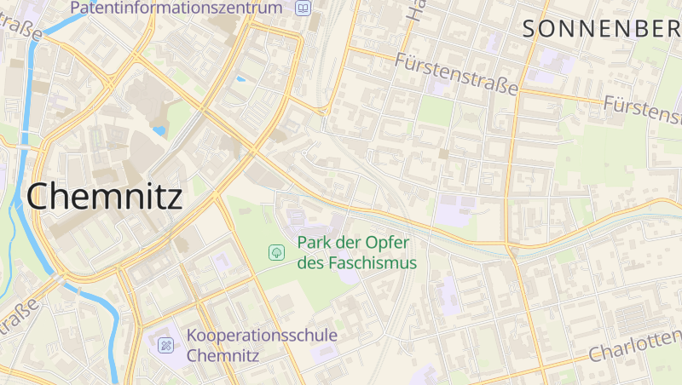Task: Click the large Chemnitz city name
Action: coord(105,197)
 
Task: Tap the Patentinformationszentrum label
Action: coord(176,9)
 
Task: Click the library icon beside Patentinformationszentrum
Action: coord(302,9)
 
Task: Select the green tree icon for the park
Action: coord(276,252)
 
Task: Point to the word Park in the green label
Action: coord(314,243)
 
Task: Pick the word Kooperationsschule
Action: coord(263,336)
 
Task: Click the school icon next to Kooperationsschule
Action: coord(165,345)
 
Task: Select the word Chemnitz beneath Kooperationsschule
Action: coord(223,355)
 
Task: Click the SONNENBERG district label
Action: coord(602,29)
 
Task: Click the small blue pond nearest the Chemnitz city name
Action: coord(159,132)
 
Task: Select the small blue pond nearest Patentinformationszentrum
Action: coord(240,79)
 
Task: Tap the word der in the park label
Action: coord(351,243)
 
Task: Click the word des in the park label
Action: coord(309,263)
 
